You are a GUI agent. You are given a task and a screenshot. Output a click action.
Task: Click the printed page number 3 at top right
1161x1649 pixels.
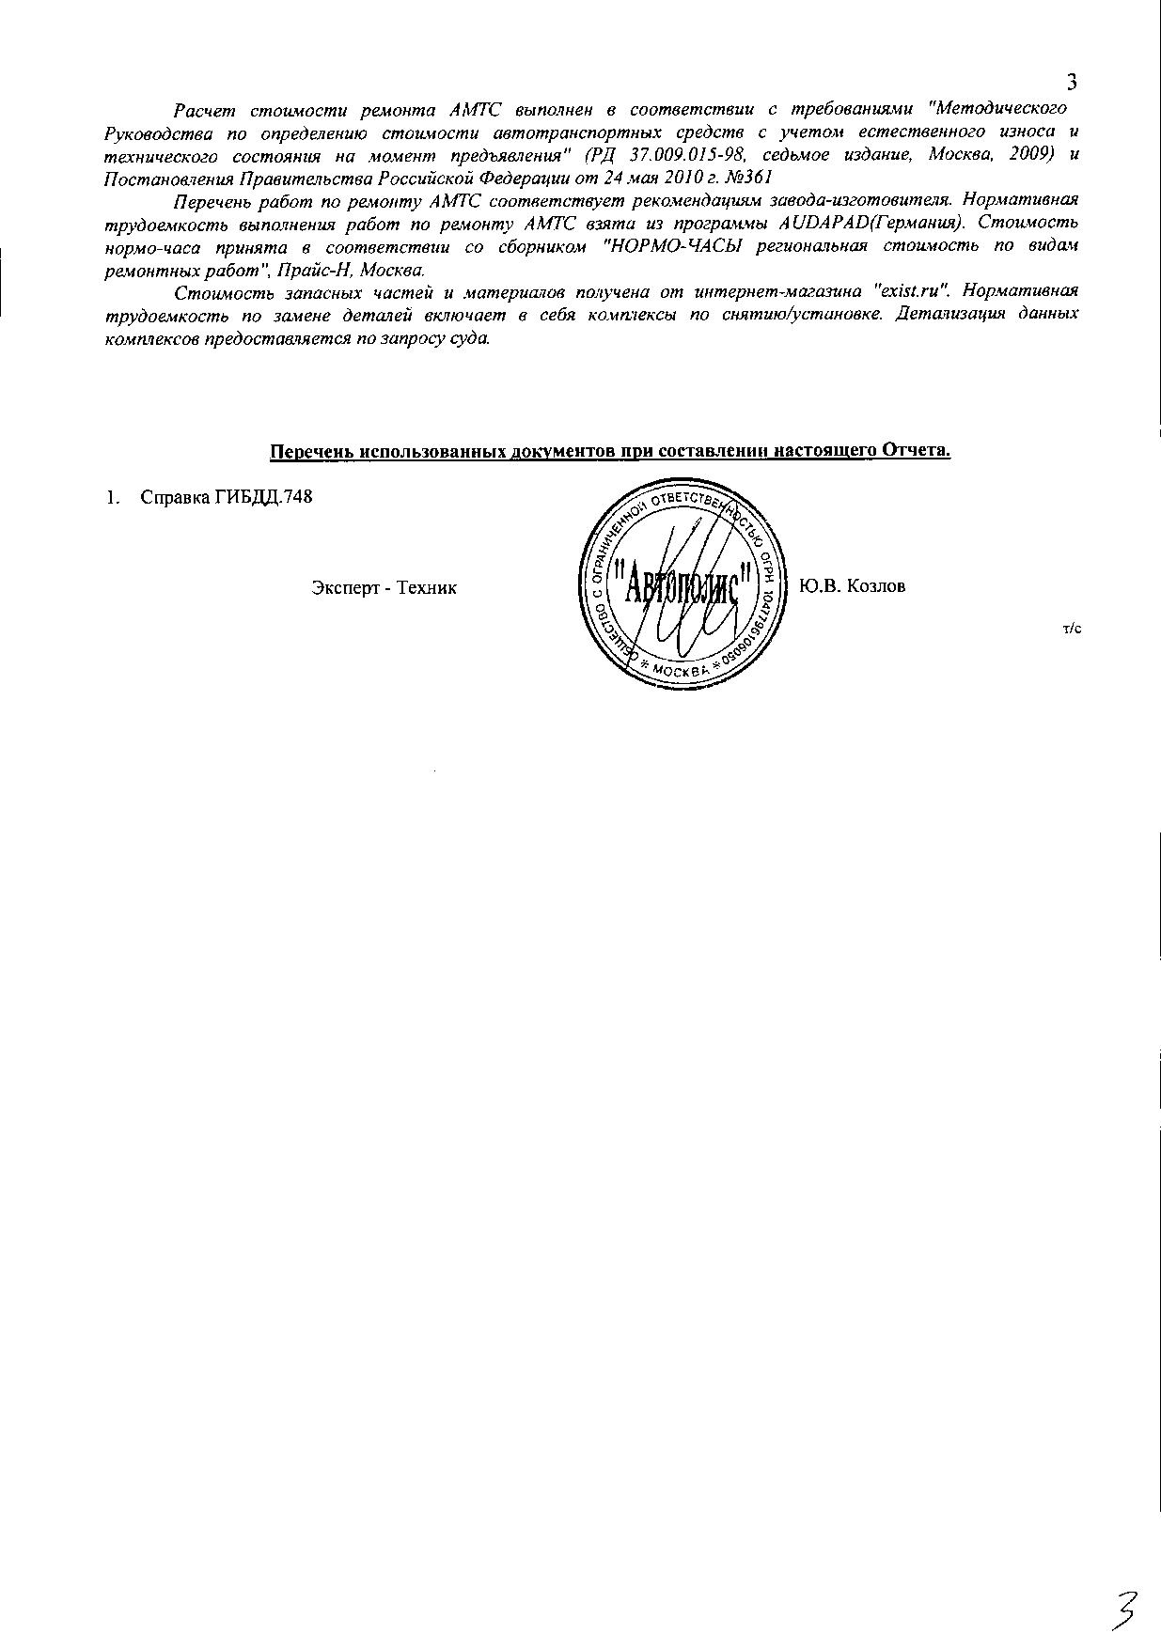click(x=1072, y=82)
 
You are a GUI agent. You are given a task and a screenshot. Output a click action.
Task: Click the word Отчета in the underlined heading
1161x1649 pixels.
click(x=915, y=450)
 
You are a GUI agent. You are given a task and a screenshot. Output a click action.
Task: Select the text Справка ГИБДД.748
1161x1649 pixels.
click(x=226, y=497)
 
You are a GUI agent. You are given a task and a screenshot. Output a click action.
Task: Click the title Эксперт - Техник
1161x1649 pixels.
click(x=384, y=587)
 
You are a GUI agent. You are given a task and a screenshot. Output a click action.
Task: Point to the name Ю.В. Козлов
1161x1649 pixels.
click(x=852, y=586)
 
